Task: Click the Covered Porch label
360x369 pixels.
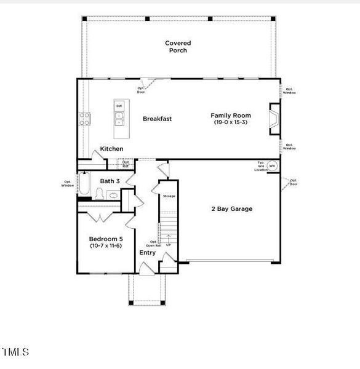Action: pos(177,47)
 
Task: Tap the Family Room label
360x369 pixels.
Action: pos(230,115)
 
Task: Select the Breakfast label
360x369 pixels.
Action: pos(157,119)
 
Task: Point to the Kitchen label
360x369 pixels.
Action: pos(111,149)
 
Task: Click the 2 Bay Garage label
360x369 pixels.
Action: pos(231,208)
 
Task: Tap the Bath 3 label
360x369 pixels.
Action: pos(110,181)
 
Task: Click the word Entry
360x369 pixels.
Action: pos(147,253)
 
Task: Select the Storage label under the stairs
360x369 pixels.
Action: pos(169,196)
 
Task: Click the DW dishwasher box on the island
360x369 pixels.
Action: pos(119,106)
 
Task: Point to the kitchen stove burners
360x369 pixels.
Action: pos(84,119)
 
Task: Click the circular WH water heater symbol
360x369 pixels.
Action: pos(272,166)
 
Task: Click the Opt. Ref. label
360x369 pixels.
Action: pos(126,164)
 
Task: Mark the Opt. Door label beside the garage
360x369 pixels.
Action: pos(293,182)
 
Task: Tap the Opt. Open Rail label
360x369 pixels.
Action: pos(153,243)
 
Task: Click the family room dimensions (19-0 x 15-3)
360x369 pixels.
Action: pos(230,122)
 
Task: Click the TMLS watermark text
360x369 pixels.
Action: pos(15,352)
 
